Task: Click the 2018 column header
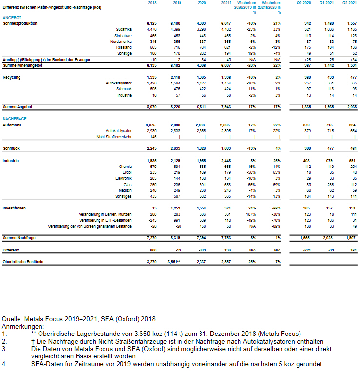[x=151, y=3]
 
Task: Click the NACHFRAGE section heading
[x=15, y=119]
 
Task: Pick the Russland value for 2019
[x=177, y=47]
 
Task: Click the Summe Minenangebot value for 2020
[x=201, y=65]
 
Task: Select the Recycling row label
[x=12, y=77]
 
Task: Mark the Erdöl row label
[x=125, y=172]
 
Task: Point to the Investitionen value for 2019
[x=176, y=208]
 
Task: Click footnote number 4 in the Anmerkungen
[x=4, y=364]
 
